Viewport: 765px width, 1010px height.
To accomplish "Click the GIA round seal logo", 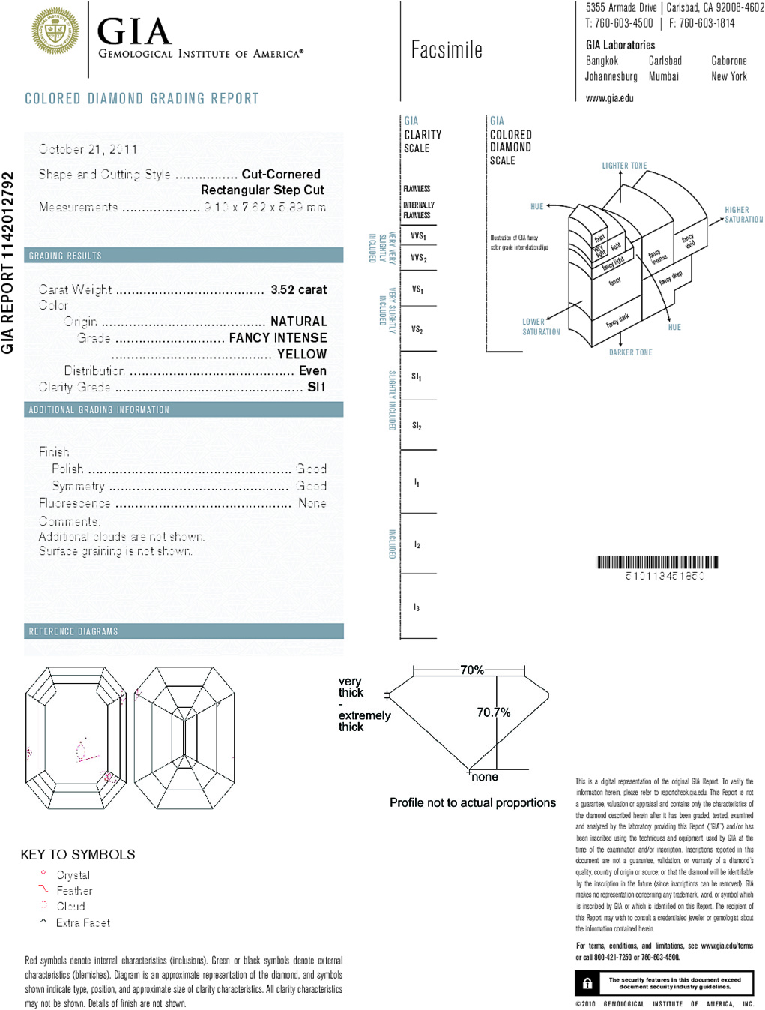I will tap(55, 31).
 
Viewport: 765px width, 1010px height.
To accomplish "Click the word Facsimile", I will tap(447, 50).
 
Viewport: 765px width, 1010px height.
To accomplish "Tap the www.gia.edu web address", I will tap(609, 98).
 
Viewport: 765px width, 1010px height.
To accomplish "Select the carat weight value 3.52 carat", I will tap(298, 289).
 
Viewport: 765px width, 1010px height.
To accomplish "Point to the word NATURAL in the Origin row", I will tap(298, 321).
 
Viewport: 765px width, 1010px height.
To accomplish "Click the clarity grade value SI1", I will tap(316, 387).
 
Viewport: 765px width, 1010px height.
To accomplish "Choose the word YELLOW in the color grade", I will tap(301, 354).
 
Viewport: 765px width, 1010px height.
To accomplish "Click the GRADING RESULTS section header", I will tap(65, 256).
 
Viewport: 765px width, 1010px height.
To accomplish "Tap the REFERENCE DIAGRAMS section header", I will tap(73, 631).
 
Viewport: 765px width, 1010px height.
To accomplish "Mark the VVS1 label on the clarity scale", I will tap(418, 236).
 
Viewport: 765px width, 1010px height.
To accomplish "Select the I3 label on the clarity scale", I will tap(417, 607).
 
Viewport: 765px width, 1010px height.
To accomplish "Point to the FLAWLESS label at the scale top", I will tap(417, 189).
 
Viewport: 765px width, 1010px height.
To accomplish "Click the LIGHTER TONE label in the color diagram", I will tap(624, 166).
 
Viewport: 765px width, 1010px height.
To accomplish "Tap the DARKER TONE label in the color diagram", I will tap(630, 352).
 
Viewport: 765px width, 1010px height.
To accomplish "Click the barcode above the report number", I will tap(657, 562).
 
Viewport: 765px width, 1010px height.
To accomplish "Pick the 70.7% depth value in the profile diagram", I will tap(493, 712).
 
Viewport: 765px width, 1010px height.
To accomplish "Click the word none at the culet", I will tap(485, 777).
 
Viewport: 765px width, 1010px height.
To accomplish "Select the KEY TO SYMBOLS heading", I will tap(78, 854).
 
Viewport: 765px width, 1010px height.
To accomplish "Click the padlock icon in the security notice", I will tap(587, 983).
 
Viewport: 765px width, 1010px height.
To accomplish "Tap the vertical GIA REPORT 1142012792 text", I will tap(8, 262).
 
